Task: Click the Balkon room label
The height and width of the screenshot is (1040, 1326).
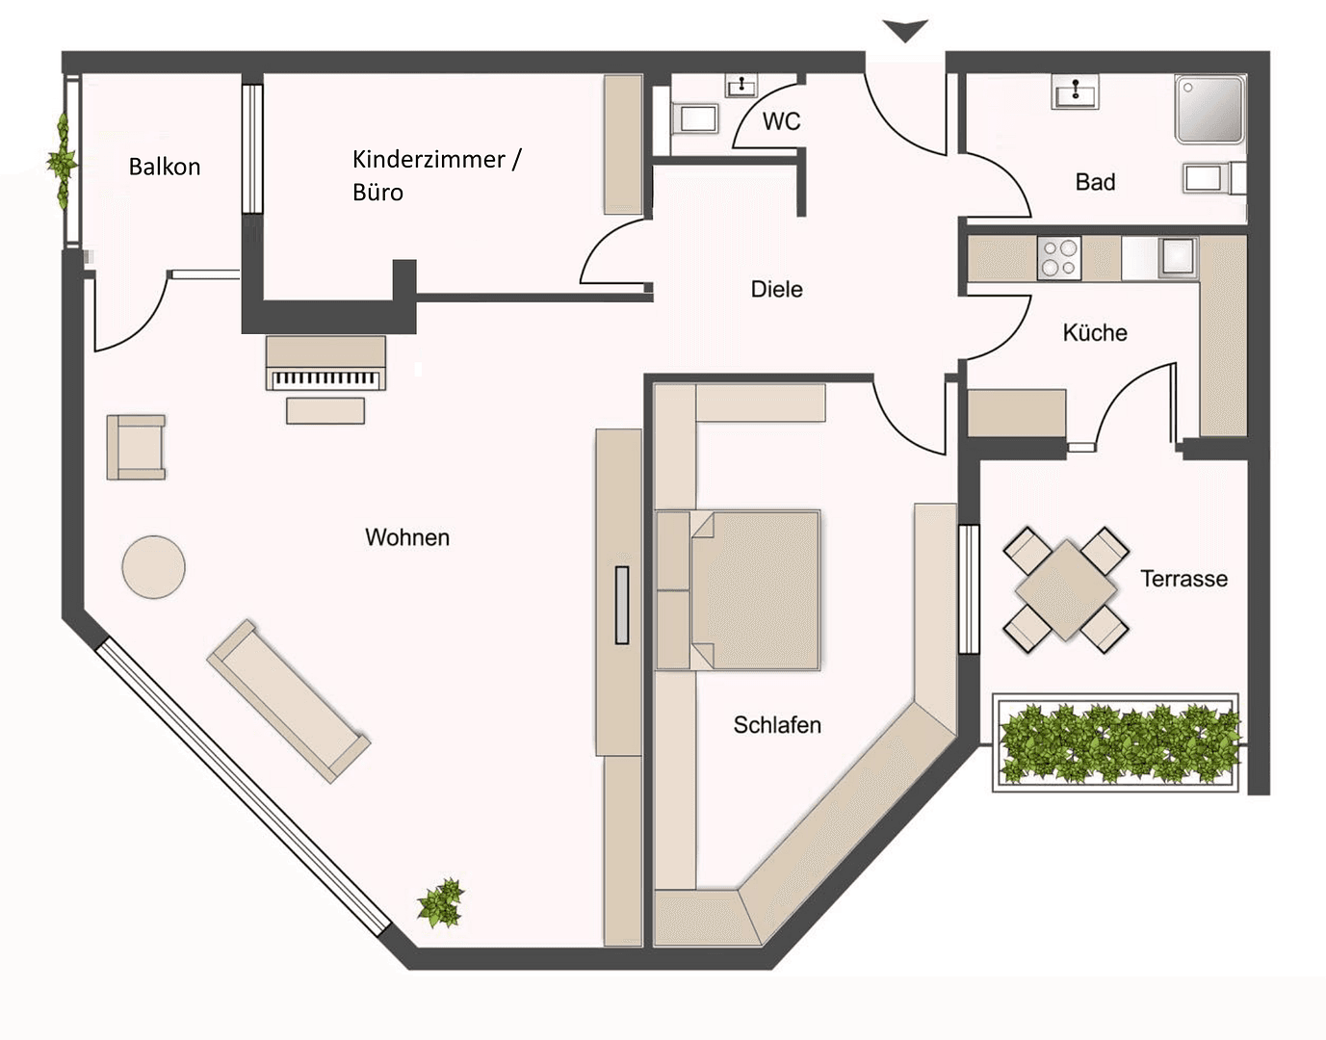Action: click(165, 167)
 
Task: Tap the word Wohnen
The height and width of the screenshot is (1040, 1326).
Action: click(407, 537)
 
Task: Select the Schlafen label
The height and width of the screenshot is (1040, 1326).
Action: click(777, 725)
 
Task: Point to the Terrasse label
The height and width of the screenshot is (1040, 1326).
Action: click(1183, 579)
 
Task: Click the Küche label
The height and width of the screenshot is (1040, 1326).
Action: click(1095, 333)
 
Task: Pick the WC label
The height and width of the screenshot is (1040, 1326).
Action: click(781, 121)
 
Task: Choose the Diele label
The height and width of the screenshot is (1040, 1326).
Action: click(776, 289)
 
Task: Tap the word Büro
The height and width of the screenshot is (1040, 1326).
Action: click(377, 193)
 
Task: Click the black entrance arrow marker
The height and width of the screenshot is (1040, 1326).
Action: click(905, 31)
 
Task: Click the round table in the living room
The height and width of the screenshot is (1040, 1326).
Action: click(153, 566)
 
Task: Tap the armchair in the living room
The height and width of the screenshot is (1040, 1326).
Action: click(136, 447)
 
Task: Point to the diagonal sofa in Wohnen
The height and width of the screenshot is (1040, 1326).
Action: click(288, 699)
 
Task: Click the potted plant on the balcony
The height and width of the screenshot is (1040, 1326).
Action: click(63, 159)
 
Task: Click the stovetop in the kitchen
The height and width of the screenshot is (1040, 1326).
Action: click(1059, 258)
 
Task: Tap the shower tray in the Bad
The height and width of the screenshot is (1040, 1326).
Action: click(1209, 109)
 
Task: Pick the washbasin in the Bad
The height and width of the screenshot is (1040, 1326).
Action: click(1075, 92)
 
